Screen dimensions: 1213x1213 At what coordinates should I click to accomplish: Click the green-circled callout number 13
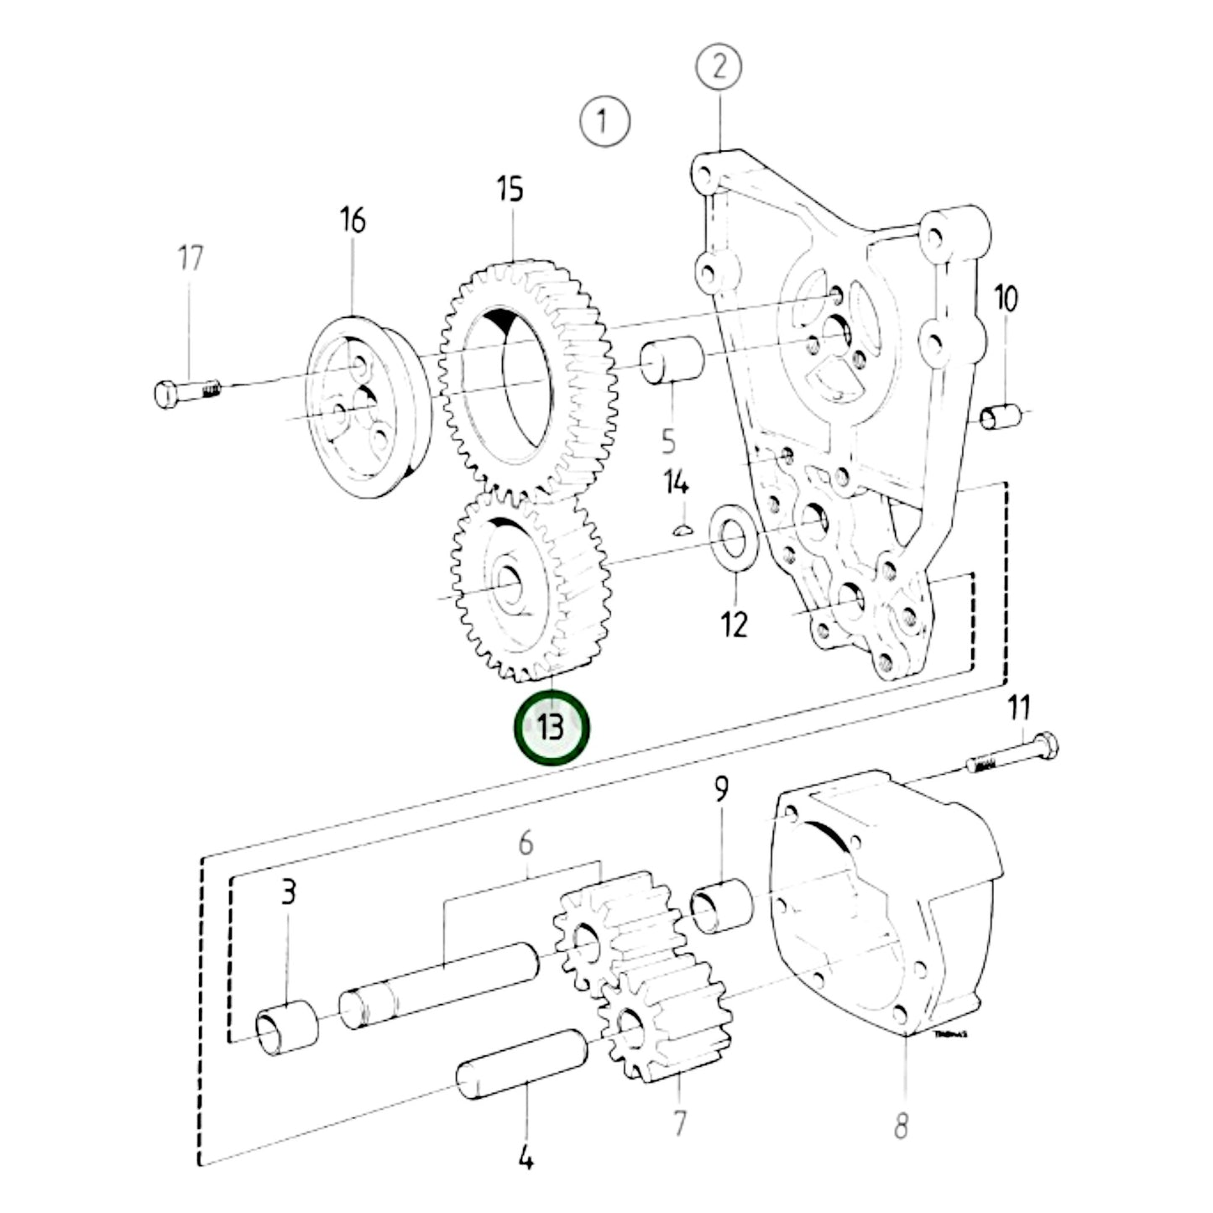552,727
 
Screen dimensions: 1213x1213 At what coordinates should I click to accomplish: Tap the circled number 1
604,121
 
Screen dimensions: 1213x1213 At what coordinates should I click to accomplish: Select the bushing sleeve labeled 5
674,361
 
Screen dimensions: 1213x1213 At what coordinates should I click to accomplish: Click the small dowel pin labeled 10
1001,415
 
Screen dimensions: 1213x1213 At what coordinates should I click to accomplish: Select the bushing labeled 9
721,907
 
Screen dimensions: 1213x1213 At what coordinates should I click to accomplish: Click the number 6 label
526,844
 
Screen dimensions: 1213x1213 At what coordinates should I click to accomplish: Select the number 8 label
900,1126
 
